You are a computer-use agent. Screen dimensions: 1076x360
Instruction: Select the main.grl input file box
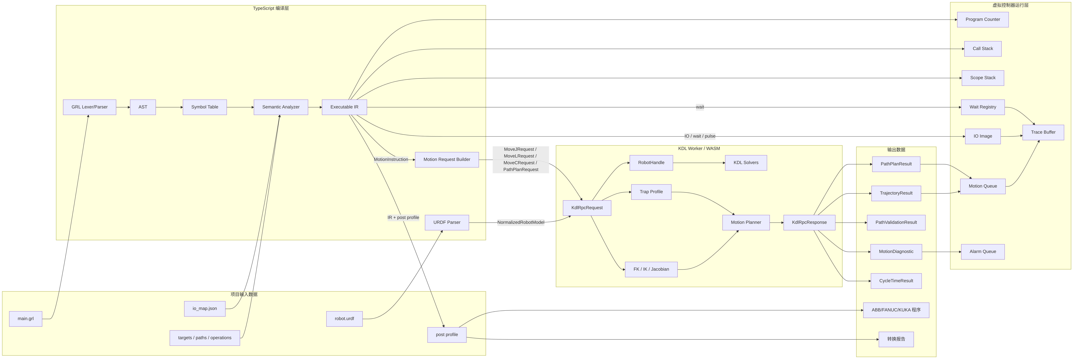tap(25, 319)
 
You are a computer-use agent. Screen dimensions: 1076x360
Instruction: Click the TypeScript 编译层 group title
tap(271, 8)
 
